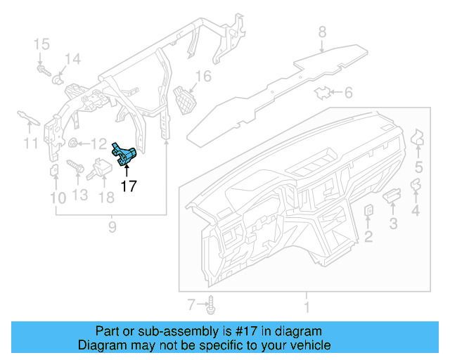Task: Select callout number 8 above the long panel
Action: [x=322, y=32]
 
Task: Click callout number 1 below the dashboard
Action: [x=306, y=307]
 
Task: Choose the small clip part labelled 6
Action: [x=323, y=92]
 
